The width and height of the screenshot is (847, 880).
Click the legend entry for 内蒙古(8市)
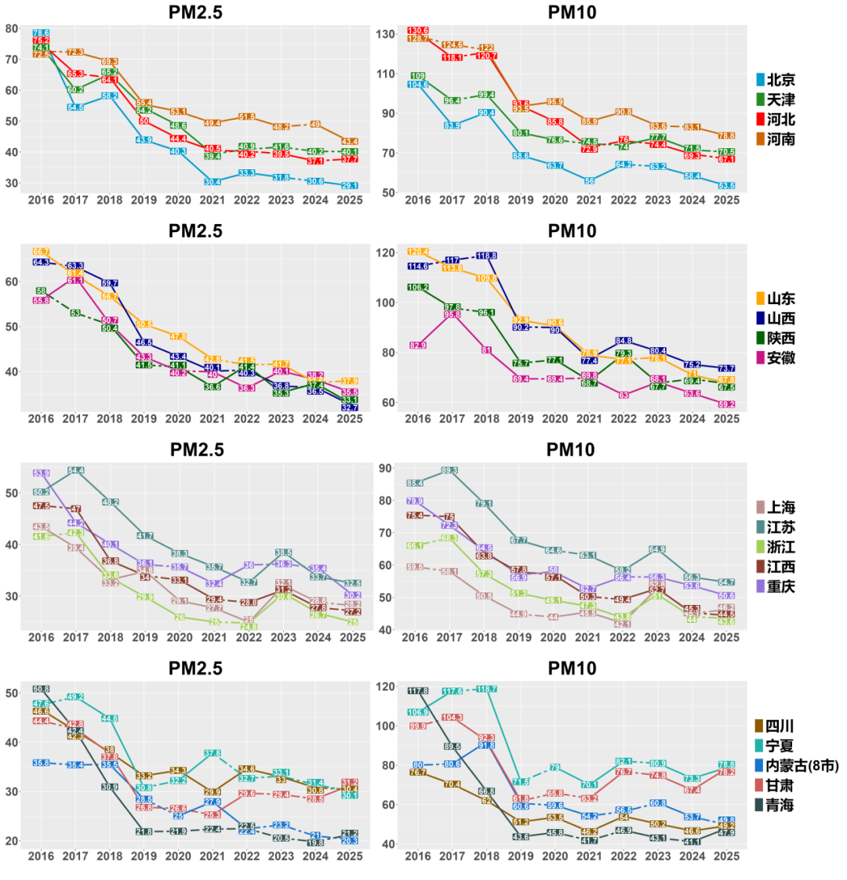(x=798, y=765)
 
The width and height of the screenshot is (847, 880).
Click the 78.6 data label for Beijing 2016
(x=42, y=33)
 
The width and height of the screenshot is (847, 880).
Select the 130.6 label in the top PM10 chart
(x=418, y=31)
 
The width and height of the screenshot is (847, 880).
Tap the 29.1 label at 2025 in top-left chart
(x=351, y=186)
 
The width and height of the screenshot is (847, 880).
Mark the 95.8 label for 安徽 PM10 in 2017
(x=452, y=314)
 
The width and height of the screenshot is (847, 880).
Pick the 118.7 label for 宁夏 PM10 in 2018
(x=486, y=690)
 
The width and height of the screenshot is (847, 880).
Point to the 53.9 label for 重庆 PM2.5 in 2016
(x=42, y=473)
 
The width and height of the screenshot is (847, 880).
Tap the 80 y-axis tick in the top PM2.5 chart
(x=12, y=29)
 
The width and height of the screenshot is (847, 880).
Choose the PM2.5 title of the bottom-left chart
(x=196, y=668)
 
